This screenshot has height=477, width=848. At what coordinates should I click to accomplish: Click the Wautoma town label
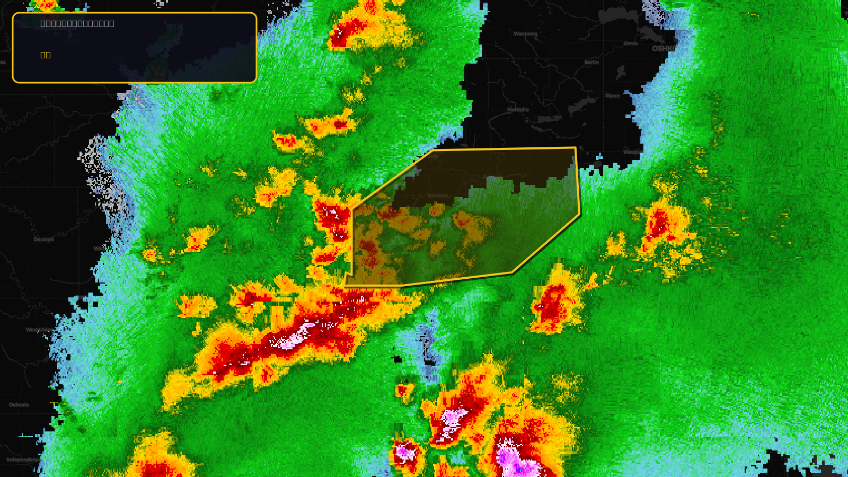pyautogui.click(x=525, y=34)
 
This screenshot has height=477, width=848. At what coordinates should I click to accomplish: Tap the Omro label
pyautogui.click(x=631, y=43)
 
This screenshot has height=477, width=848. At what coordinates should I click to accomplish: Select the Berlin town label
pyautogui.click(x=591, y=63)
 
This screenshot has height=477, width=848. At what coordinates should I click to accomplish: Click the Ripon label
pyautogui.click(x=612, y=96)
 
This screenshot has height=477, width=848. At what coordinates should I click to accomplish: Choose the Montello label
pyautogui.click(x=518, y=110)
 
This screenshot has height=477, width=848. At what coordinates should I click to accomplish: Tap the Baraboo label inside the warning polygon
pyautogui.click(x=438, y=196)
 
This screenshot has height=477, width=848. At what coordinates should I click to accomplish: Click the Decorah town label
pyautogui.click(x=44, y=240)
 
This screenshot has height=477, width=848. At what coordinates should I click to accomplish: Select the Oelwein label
pyautogui.click(x=19, y=405)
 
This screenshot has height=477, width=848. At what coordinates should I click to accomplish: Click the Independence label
pyautogui.click(x=22, y=460)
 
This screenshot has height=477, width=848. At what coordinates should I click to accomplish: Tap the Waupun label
pyautogui.click(x=632, y=152)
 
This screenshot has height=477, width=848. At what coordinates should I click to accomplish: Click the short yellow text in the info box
pyautogui.click(x=46, y=55)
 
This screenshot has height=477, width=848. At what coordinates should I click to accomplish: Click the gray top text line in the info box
pyautogui.click(x=77, y=23)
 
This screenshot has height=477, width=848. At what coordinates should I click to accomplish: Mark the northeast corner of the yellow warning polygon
pyautogui.click(x=575, y=148)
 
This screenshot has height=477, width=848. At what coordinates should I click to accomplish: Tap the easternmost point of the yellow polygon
pyautogui.click(x=580, y=215)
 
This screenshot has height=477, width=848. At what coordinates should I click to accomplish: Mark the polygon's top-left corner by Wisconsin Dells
pyautogui.click(x=433, y=151)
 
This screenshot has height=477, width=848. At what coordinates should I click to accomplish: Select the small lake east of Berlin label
pyautogui.click(x=620, y=72)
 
